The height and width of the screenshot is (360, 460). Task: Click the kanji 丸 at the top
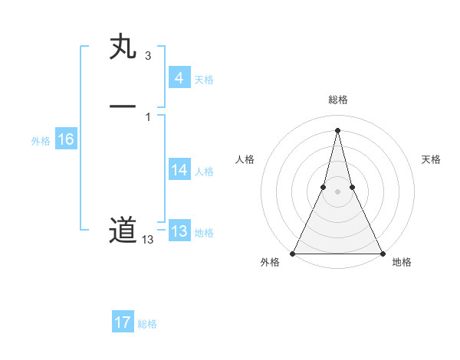point(123,47)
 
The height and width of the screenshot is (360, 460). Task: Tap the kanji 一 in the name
point(123,106)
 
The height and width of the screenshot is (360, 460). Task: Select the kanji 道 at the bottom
point(123,230)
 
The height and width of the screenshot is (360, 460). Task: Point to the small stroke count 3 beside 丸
point(147,55)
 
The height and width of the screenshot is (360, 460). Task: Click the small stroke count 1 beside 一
point(147,116)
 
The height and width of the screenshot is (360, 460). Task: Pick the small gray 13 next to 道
point(147,240)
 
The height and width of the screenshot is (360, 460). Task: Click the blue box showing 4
point(179,77)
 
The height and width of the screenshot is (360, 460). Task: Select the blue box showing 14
point(179,170)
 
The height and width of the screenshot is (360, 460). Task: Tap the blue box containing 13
point(179,231)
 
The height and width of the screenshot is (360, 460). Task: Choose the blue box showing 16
point(65,139)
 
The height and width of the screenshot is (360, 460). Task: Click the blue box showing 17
point(123,322)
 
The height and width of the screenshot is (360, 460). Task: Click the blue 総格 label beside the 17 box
point(147,324)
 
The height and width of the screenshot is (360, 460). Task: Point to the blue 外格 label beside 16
point(41,141)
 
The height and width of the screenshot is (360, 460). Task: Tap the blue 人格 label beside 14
point(204,172)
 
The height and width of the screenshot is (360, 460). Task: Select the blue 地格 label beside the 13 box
point(204,233)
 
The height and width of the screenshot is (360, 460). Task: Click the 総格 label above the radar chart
point(337,100)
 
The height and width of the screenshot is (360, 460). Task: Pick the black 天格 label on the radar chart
point(431,159)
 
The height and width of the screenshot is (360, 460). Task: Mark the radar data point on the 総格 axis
point(337,129)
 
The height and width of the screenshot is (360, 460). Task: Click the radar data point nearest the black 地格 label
point(382,253)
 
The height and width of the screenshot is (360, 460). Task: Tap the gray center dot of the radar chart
point(337,191)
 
